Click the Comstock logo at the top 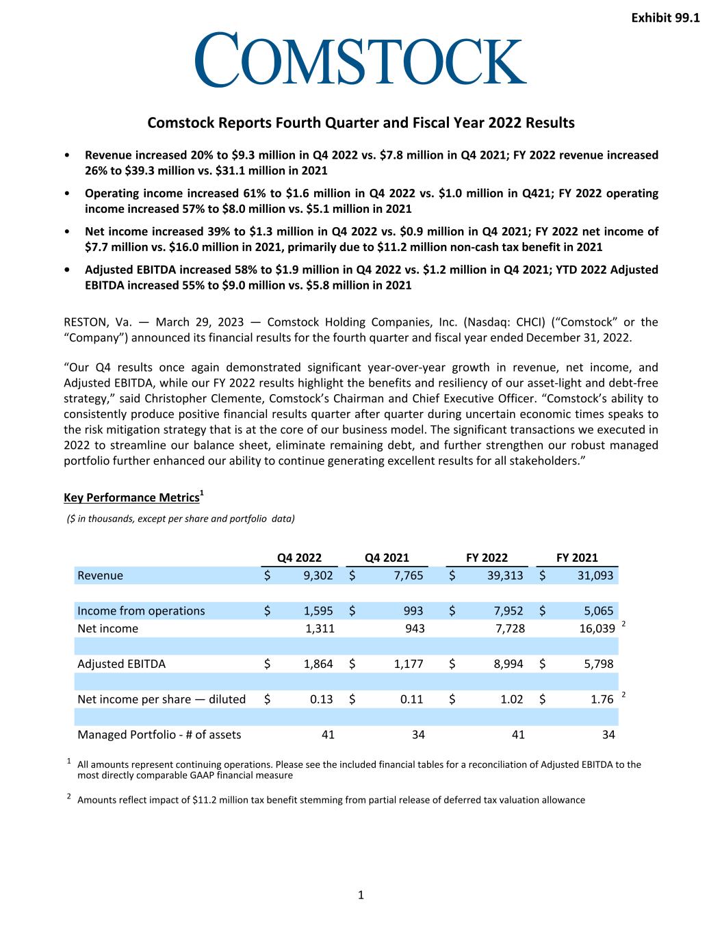point(361,60)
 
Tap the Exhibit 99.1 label point(665,18)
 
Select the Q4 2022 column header point(299,558)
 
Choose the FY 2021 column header point(577,558)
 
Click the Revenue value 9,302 point(318,575)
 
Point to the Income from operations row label point(141,611)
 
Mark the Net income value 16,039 point(595,629)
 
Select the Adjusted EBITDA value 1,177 point(409,664)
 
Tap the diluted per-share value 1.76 point(599,699)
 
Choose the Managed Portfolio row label point(159,735)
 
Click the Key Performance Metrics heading point(131,497)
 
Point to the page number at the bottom point(361,895)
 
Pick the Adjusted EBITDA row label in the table point(121,664)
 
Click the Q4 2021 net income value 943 point(413,629)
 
